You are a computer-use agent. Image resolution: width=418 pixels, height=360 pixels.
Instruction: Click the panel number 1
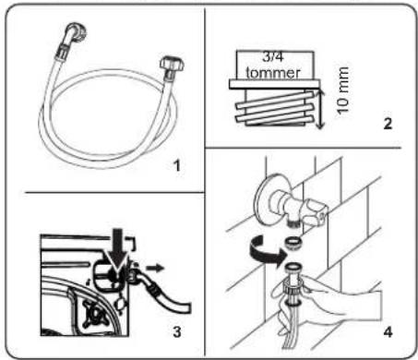[x=176, y=166]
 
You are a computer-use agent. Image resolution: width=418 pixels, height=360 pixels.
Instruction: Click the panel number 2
[x=388, y=124]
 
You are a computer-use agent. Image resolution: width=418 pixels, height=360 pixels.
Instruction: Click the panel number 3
[x=177, y=331]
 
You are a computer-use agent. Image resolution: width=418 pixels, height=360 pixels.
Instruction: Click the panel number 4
[x=388, y=332]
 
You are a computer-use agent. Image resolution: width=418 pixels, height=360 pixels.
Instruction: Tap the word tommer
[x=273, y=73]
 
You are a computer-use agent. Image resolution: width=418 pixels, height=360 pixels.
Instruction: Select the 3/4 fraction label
[x=273, y=56]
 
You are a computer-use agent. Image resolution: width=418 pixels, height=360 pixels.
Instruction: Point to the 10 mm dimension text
[x=342, y=90]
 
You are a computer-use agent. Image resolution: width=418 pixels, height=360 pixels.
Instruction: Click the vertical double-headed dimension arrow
[x=319, y=108]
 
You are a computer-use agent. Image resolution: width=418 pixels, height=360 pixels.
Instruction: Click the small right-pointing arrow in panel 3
[x=155, y=268]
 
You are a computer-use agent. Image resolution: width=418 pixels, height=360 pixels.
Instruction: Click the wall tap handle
[x=315, y=210]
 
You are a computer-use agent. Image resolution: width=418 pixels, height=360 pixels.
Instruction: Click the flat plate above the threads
[x=275, y=84]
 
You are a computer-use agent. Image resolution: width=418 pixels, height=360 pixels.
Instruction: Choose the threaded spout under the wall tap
[x=294, y=222]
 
